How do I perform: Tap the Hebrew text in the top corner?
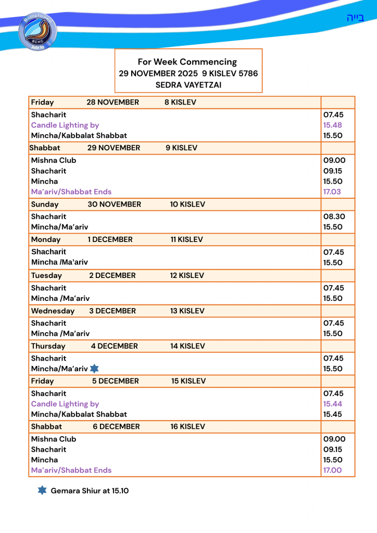coord(355,18)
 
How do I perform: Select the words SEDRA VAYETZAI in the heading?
coord(188,85)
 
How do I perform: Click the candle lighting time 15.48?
coord(333,125)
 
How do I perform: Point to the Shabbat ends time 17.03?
coord(333,192)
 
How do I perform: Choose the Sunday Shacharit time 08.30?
coord(334,217)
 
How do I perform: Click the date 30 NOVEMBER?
coord(114,205)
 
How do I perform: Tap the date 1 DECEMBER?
coord(110,240)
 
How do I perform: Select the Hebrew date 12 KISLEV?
coord(186,275)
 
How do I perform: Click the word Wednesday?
coord(53,311)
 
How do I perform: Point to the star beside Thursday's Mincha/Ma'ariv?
coord(94,369)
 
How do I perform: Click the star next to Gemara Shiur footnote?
coord(42,490)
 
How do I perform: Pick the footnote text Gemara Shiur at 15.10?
coord(90,491)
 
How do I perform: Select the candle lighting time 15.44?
coord(333,404)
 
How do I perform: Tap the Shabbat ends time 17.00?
coord(333,470)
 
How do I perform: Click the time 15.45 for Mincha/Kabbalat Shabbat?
coord(333,414)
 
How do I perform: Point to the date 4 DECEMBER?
coord(114,346)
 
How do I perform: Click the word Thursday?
coord(48,346)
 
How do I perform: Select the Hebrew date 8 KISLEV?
coord(180,103)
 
